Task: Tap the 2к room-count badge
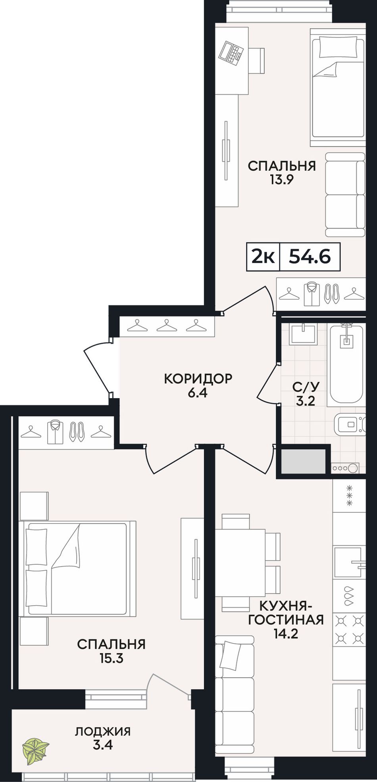tap(263, 257)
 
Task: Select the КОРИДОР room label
tap(198, 379)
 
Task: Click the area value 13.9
tap(282, 180)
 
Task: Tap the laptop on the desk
tap(231, 53)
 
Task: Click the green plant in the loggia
tap(36, 747)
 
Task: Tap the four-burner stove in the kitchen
tap(349, 628)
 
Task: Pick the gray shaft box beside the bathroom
tap(303, 462)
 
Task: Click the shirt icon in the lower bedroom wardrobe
tap(55, 432)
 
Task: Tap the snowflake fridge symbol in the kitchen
tap(349, 495)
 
